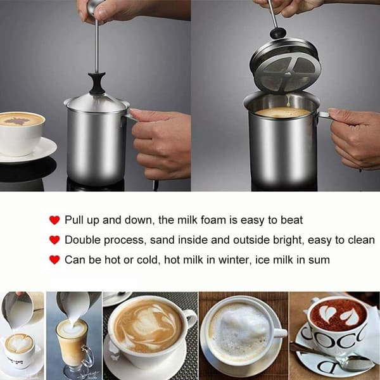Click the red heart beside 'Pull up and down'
point(54,220)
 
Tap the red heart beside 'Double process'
point(54,240)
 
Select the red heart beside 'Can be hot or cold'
point(54,260)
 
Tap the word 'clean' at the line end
point(362,240)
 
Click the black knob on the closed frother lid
point(97,83)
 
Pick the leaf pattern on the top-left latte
point(17,121)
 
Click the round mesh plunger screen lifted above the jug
point(288,73)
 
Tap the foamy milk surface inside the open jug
point(282,113)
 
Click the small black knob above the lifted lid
point(278,33)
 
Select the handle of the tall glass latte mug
point(89,356)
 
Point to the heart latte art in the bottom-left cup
point(18,343)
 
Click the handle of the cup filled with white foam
point(279,333)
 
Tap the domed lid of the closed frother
point(97,102)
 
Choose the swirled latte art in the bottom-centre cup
point(148,326)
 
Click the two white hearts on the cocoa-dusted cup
point(339,315)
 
